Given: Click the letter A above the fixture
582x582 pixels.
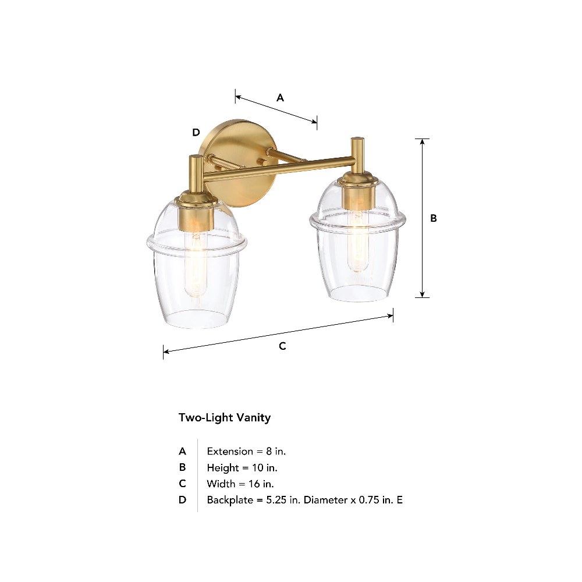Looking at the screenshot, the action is coord(281,98).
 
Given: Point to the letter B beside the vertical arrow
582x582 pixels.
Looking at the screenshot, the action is coord(433,218).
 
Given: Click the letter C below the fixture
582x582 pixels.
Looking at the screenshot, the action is coord(282,346).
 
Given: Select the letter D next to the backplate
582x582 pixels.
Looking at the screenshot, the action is coord(196,132).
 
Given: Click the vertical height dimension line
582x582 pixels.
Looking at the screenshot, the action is coord(422,218).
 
